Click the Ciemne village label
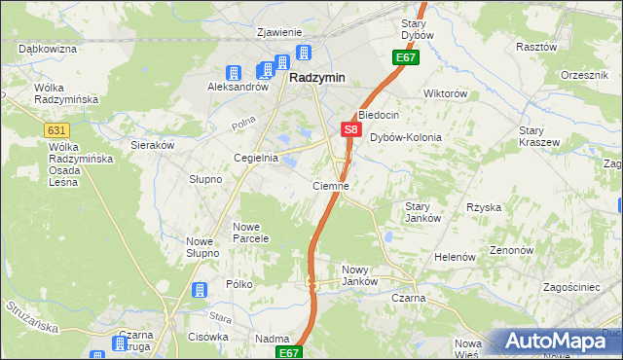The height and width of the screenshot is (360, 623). coord(330,185)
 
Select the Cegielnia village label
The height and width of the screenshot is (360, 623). coord(256,157)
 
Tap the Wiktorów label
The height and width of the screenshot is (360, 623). coord(446,94)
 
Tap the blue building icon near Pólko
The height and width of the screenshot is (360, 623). coord(199,290)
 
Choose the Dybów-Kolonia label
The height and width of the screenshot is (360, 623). coord(406,137)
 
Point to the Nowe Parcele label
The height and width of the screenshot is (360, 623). coord(250,234)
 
